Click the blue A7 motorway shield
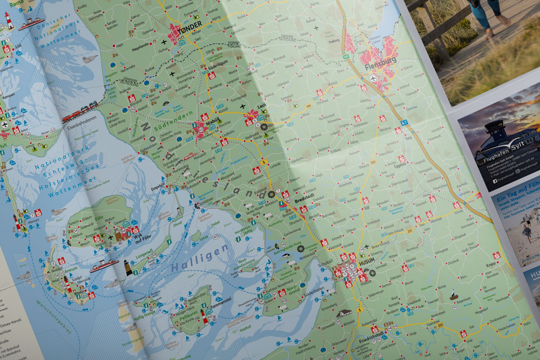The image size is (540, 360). click(398, 130)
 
